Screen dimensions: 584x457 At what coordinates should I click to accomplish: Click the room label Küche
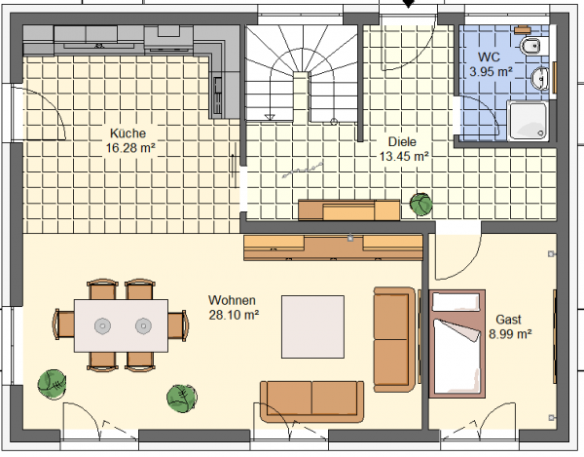coord(128,133)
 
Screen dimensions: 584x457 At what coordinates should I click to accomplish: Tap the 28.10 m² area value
coord(234,315)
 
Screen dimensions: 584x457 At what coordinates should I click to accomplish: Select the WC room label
coord(489,57)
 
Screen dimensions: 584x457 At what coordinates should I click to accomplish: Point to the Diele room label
coord(402,141)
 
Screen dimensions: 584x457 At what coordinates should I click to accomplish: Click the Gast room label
coord(508,320)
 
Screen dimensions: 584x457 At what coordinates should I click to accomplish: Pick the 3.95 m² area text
coord(491,71)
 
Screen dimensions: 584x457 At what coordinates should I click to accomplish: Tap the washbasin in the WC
coord(539,79)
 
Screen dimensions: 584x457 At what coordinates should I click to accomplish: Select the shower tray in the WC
coord(529,121)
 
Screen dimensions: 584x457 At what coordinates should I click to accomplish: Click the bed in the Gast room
coord(457,344)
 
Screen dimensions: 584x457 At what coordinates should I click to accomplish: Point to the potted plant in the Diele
coord(421,205)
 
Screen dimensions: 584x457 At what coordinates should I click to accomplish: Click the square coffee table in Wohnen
coord(312,326)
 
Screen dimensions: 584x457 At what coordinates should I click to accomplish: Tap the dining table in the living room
coord(121,325)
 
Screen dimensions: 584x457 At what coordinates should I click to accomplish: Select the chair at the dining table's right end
coord(178,325)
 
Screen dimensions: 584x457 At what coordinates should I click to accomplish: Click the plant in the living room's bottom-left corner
coord(53,385)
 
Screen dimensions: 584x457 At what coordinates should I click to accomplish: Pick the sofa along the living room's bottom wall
coord(312,401)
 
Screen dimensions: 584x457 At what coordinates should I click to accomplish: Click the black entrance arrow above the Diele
coord(409,3)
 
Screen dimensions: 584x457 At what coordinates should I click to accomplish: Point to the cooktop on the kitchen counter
coord(99,46)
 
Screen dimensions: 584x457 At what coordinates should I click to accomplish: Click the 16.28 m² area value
coord(130,148)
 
